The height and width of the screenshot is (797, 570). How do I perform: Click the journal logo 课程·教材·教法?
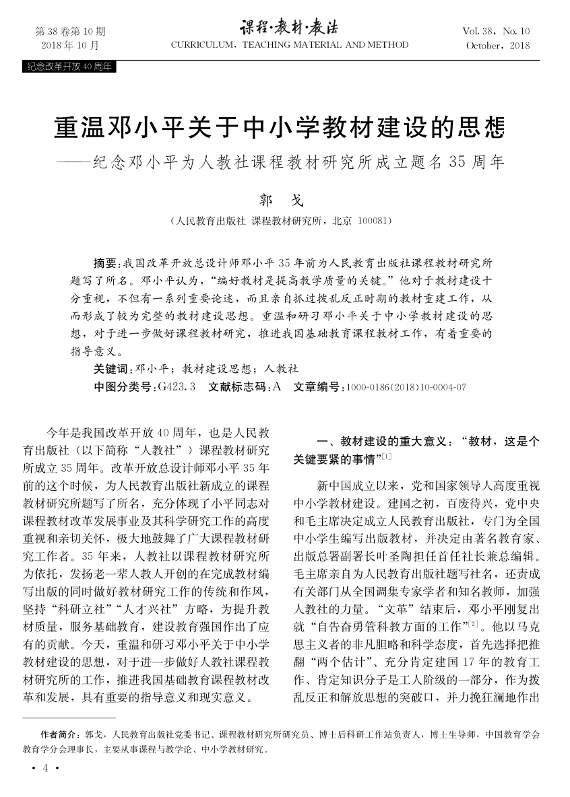pyautogui.click(x=290, y=28)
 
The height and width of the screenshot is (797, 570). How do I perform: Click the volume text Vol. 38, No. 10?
pyautogui.click(x=497, y=32)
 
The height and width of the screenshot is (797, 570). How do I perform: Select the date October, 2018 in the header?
pyautogui.click(x=498, y=46)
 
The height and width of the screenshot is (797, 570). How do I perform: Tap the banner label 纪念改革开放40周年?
pyautogui.click(x=69, y=67)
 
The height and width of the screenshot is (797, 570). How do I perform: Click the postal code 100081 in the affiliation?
pyautogui.click(x=371, y=221)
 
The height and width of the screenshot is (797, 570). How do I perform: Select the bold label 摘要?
pyautogui.click(x=105, y=262)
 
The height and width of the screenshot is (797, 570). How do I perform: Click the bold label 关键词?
pyautogui.click(x=113, y=369)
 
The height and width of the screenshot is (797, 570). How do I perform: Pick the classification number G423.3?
pyautogui.click(x=175, y=387)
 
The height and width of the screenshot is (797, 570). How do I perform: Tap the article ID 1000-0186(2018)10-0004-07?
pyautogui.click(x=406, y=388)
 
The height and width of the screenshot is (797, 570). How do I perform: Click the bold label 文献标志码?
pyautogui.click(x=238, y=387)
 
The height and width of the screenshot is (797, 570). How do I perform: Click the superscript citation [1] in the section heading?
pyautogui.click(x=386, y=458)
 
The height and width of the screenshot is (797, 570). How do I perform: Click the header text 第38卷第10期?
pyautogui.click(x=70, y=32)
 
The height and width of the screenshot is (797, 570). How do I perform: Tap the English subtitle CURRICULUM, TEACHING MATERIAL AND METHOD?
pyautogui.click(x=290, y=45)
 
